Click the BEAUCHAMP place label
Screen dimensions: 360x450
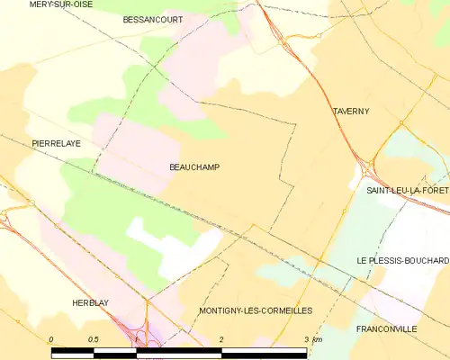tap(193, 167)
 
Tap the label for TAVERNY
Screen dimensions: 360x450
tap(350, 112)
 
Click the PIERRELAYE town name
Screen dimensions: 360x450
tap(56, 143)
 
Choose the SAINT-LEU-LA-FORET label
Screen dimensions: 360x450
tap(407, 192)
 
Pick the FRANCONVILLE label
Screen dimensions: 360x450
tap(386, 329)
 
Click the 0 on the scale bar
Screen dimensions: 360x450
tap(52, 339)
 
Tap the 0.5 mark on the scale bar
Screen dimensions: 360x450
tap(94, 339)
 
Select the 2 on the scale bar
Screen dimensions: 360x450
tap(221, 339)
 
